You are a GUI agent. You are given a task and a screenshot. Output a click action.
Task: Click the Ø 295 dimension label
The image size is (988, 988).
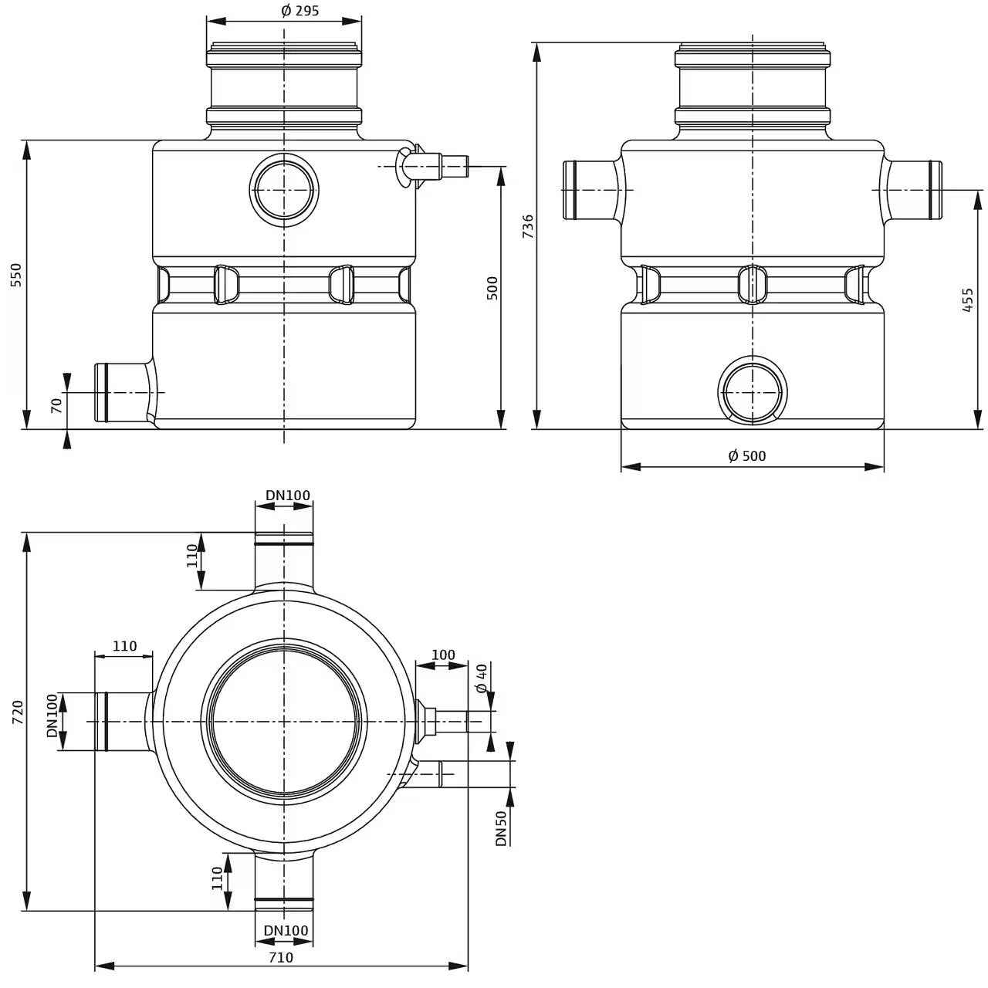click(300, 10)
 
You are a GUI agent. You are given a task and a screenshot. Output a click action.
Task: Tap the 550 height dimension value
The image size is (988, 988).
click(16, 274)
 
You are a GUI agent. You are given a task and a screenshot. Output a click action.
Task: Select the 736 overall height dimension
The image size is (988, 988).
click(528, 226)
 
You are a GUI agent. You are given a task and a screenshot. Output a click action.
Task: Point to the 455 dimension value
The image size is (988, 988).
click(967, 300)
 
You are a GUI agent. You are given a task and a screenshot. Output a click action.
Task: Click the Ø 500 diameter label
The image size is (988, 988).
click(747, 455)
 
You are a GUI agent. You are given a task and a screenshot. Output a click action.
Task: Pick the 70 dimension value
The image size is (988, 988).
click(56, 405)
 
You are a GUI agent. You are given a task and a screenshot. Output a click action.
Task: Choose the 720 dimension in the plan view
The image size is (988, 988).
click(18, 712)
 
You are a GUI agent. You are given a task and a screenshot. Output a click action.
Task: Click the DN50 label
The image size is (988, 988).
click(501, 828)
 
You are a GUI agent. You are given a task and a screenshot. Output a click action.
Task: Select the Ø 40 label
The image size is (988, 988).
click(482, 678)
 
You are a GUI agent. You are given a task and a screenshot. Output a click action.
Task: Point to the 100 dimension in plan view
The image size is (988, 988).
click(443, 655)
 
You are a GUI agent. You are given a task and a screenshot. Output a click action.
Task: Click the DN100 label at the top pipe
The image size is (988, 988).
click(288, 496)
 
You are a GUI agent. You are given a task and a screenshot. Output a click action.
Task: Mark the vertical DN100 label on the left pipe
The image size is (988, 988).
click(52, 716)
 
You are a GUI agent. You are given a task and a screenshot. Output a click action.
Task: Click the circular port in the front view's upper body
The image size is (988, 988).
click(283, 190)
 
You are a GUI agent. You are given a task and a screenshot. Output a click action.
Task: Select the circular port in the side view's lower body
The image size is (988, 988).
click(752, 391)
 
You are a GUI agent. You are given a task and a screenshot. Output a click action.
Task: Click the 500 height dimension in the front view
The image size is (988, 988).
click(492, 288)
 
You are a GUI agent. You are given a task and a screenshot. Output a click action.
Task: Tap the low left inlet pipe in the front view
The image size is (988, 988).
click(126, 393)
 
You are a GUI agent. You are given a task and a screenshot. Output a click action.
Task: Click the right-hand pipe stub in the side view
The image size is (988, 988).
click(912, 190)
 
